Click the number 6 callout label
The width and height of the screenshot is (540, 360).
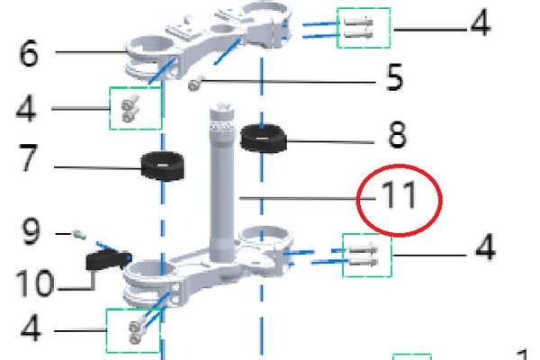tap(29, 54)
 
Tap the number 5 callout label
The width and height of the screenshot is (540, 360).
tap(394, 77)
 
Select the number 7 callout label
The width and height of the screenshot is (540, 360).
tap(28, 157)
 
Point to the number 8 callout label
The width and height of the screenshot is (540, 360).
tap(397, 135)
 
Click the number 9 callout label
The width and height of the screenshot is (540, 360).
tap(31, 231)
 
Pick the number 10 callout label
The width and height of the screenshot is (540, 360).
tap(35, 283)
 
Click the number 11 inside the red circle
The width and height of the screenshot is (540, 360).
tap(400, 194)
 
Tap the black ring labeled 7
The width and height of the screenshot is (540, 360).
tap(163, 166)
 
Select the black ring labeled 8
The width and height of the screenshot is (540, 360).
tap(263, 138)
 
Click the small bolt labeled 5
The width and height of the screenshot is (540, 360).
tap(195, 84)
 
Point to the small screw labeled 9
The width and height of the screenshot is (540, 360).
tap(79, 235)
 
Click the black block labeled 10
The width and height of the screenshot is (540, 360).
tap(107, 260)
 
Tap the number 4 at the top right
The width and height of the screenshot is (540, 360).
tap(481, 22)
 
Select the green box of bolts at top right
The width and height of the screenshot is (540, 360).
tap(364, 28)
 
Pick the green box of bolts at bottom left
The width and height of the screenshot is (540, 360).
tap(133, 330)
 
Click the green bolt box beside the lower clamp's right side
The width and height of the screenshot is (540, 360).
tap(367, 256)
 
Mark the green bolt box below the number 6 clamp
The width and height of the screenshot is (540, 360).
tap(136, 108)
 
